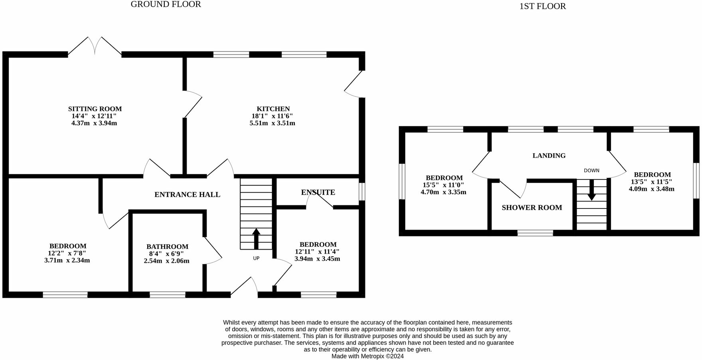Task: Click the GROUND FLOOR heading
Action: [x=166, y=4]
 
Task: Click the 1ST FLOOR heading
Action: [x=542, y=6]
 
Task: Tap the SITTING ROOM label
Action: [x=95, y=109]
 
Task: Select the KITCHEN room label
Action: [x=273, y=109]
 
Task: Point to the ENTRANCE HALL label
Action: [x=187, y=195]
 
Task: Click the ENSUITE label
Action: [x=318, y=192]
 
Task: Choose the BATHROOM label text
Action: [x=167, y=247]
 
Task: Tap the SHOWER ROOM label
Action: [x=532, y=208]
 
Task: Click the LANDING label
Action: [x=549, y=155]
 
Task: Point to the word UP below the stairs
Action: [x=256, y=258]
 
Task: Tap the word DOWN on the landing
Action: [x=592, y=171]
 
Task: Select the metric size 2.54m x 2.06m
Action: [x=167, y=261]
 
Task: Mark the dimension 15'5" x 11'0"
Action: [x=444, y=185]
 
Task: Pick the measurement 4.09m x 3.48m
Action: [x=651, y=189]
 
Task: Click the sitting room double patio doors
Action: [x=95, y=46]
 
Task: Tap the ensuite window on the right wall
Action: [x=362, y=191]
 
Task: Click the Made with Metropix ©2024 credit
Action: [x=367, y=356]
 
